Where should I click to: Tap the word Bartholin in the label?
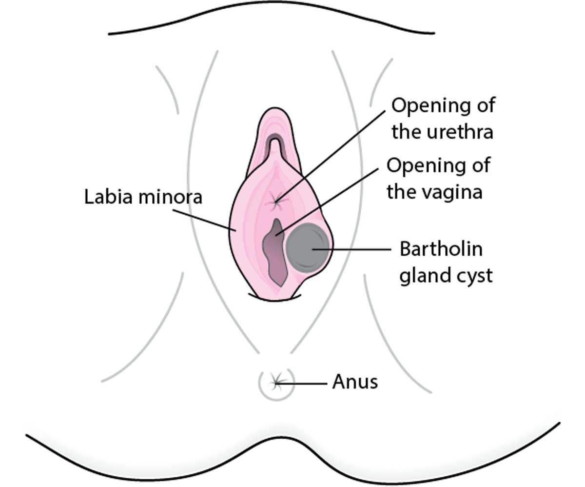click(441, 249)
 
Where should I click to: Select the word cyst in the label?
click(472, 276)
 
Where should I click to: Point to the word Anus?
click(355, 382)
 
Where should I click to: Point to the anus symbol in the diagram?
click(276, 382)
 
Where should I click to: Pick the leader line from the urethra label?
click(336, 152)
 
